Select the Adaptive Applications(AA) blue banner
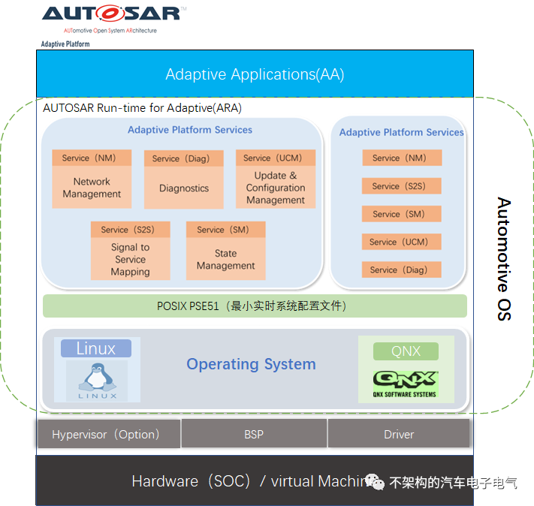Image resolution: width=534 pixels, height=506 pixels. coord(255,74)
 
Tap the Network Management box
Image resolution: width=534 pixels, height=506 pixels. coord(92,188)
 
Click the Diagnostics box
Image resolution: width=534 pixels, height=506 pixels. coord(184,188)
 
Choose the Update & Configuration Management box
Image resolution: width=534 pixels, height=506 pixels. coord(276,188)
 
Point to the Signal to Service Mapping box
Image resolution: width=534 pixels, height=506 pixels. coord(130,259)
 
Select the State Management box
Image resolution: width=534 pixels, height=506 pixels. coord(226,259)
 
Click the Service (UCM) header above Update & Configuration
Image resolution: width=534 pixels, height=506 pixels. coord(276,158)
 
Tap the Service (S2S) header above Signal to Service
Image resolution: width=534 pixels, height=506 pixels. coord(130,230)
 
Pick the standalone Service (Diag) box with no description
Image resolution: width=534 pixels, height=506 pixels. coord(401,270)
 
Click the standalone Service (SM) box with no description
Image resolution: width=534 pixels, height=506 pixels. coord(401,214)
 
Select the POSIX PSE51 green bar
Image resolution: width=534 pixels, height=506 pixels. coord(255,306)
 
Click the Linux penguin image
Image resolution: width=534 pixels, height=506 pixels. coord(96,381)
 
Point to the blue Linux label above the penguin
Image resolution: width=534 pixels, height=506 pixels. coord(96,348)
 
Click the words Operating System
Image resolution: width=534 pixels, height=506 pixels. coord(251,364)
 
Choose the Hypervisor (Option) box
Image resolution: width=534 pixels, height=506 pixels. coord(106,434)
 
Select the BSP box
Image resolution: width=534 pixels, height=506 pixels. coord(254,434)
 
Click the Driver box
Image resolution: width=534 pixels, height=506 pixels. coord(399,434)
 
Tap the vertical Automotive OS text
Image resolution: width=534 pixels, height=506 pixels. coord(503,259)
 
